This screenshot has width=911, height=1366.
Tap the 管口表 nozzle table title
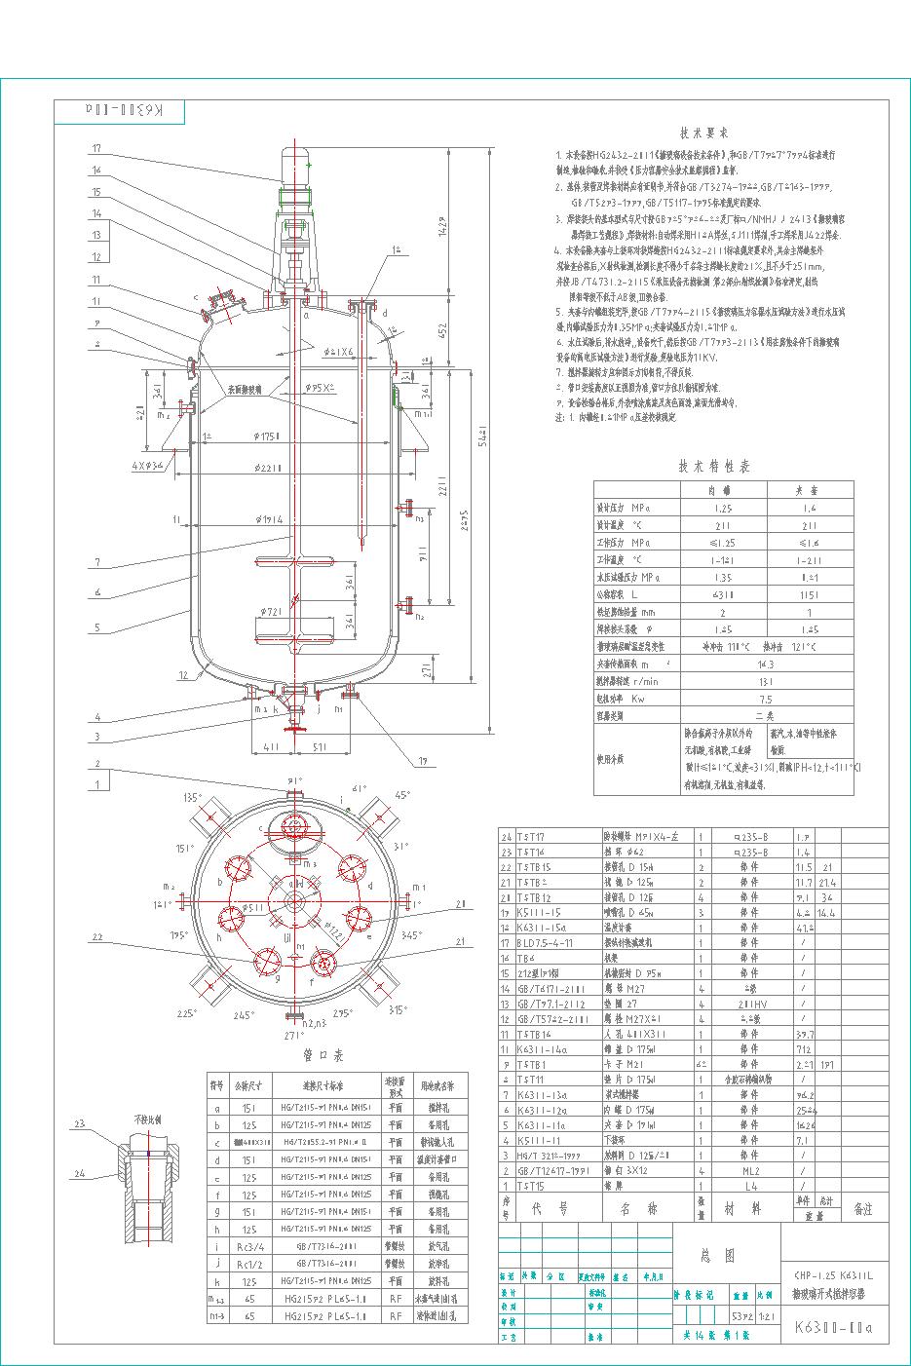tap(323, 1055)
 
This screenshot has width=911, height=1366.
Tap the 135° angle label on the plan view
tap(191, 797)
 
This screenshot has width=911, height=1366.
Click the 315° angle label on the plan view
tap(396, 1010)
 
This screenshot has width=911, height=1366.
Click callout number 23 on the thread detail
tap(80, 1124)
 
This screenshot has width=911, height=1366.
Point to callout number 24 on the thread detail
tap(80, 1173)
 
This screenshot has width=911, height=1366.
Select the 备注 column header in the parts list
tap(862, 1209)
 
